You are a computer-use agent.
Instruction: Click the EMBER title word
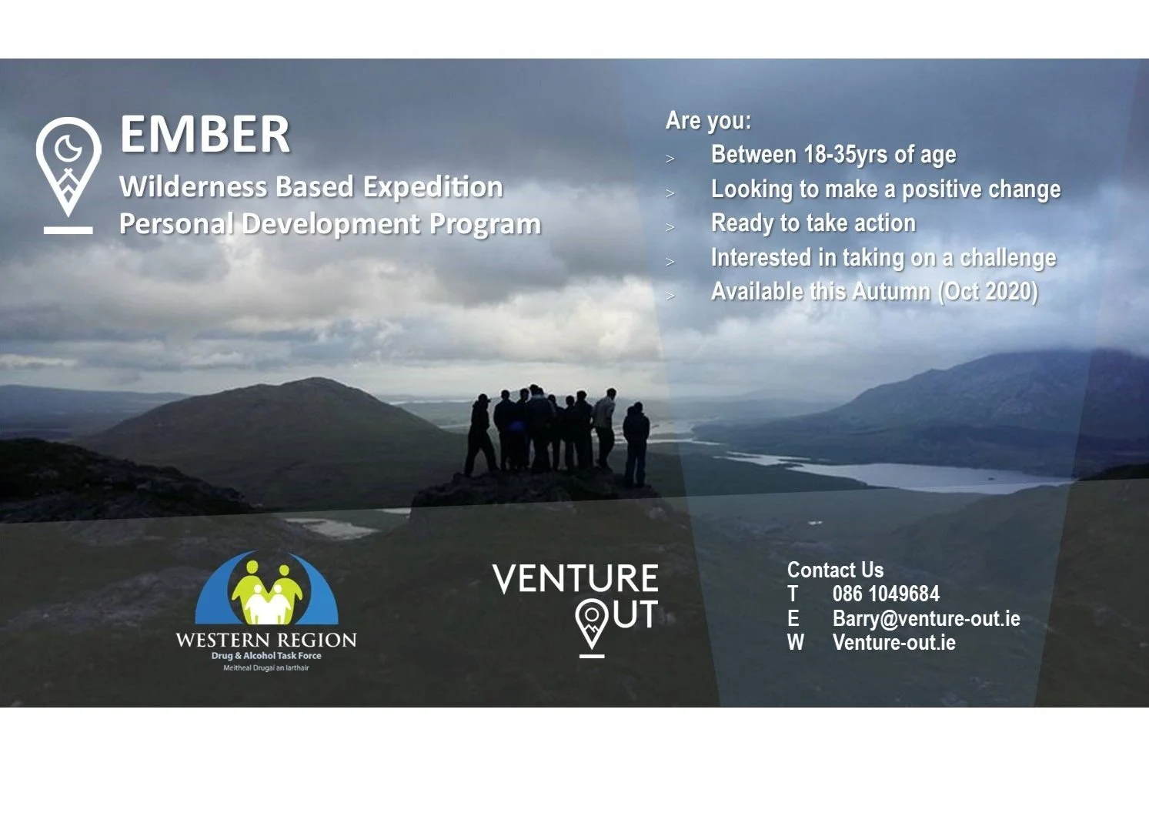pyautogui.click(x=205, y=135)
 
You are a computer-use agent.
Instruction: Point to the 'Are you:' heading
pyautogui.click(x=708, y=121)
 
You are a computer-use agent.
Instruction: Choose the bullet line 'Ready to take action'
pyautogui.click(x=813, y=223)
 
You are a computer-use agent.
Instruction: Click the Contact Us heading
pyautogui.click(x=835, y=570)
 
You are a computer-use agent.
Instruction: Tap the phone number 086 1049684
pyautogui.click(x=886, y=594)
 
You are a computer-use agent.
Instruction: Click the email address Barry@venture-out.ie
pyautogui.click(x=926, y=619)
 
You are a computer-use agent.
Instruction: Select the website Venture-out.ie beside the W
pyautogui.click(x=893, y=643)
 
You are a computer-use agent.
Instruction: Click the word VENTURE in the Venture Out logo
pyautogui.click(x=575, y=579)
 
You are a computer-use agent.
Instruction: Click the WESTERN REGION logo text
pyautogui.click(x=266, y=641)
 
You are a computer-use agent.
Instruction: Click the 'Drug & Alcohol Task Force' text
pyautogui.click(x=266, y=656)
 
